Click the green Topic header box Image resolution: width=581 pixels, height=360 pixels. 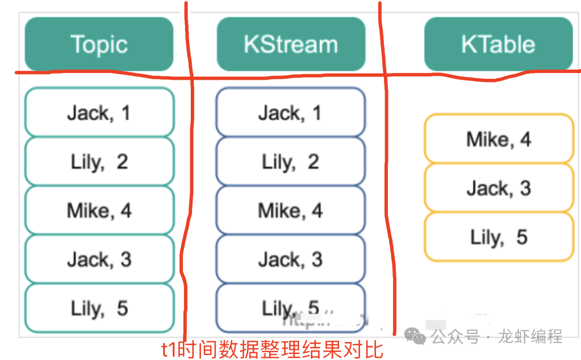(99, 44)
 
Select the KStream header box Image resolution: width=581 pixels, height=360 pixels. (290, 44)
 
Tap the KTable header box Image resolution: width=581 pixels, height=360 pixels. (498, 44)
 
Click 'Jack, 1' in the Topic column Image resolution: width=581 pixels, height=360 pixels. (99, 113)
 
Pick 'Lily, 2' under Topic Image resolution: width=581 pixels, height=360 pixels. (99, 162)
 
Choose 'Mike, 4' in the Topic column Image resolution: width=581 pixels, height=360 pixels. (99, 211)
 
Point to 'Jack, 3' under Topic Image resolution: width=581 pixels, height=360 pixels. (99, 260)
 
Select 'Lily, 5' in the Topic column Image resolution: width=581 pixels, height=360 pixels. (99, 308)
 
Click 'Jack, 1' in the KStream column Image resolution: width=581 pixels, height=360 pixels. (290, 113)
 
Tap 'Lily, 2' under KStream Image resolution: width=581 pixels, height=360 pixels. (290, 162)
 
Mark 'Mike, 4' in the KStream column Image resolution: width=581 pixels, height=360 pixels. (290, 211)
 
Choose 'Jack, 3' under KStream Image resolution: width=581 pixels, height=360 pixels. (290, 260)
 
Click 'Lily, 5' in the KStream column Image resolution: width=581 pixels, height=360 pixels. (290, 308)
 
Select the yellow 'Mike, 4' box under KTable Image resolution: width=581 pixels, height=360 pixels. (499, 139)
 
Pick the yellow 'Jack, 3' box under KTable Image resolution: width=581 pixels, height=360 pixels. (499, 188)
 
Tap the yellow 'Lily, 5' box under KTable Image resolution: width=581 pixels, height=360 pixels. (499, 237)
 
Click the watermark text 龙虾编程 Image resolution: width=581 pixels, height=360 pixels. (530, 337)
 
